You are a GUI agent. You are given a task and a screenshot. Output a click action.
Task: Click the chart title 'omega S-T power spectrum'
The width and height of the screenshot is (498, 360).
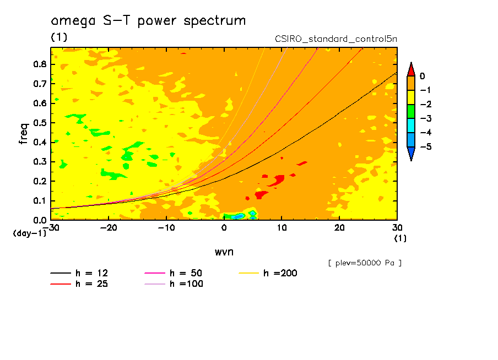148,21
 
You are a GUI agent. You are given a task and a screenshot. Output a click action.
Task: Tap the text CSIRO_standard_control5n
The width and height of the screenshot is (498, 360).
335,39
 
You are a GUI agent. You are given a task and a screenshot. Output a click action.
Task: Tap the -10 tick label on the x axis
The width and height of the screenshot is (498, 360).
166,227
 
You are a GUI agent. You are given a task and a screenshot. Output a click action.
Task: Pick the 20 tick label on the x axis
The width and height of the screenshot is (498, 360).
339,227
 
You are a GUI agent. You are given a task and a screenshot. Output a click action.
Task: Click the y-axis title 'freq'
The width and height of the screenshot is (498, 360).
24,134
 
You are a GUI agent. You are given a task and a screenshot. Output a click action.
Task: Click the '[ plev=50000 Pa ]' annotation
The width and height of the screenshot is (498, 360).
365,263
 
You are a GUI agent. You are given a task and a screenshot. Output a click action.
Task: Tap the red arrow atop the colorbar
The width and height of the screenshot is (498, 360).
411,69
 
